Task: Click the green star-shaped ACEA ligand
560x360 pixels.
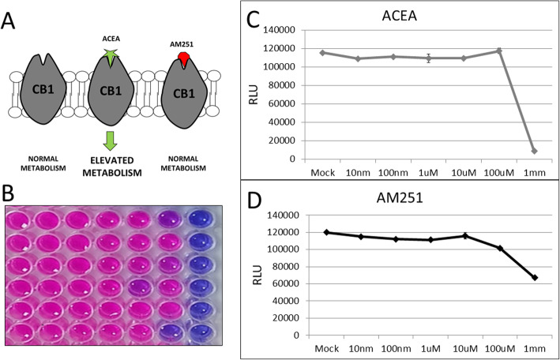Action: pos(115,54)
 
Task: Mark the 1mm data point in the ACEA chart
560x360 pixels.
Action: pos(535,151)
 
